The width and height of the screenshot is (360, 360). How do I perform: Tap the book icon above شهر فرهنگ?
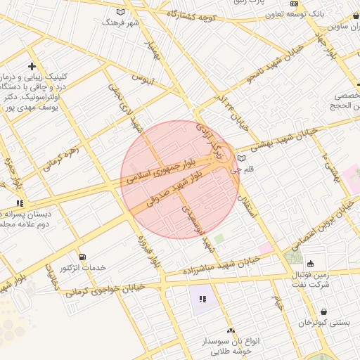point(120,13)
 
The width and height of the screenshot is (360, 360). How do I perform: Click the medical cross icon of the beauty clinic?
point(32,65)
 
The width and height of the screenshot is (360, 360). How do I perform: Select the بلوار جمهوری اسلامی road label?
point(159,174)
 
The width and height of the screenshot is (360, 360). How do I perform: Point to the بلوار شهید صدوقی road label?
point(175,190)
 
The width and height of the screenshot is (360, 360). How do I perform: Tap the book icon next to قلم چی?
point(242,157)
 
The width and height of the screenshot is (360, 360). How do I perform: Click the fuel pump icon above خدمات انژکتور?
point(84,257)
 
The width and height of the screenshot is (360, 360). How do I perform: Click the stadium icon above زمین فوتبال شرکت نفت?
point(311,264)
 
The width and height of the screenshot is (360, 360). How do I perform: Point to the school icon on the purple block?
point(202,300)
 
